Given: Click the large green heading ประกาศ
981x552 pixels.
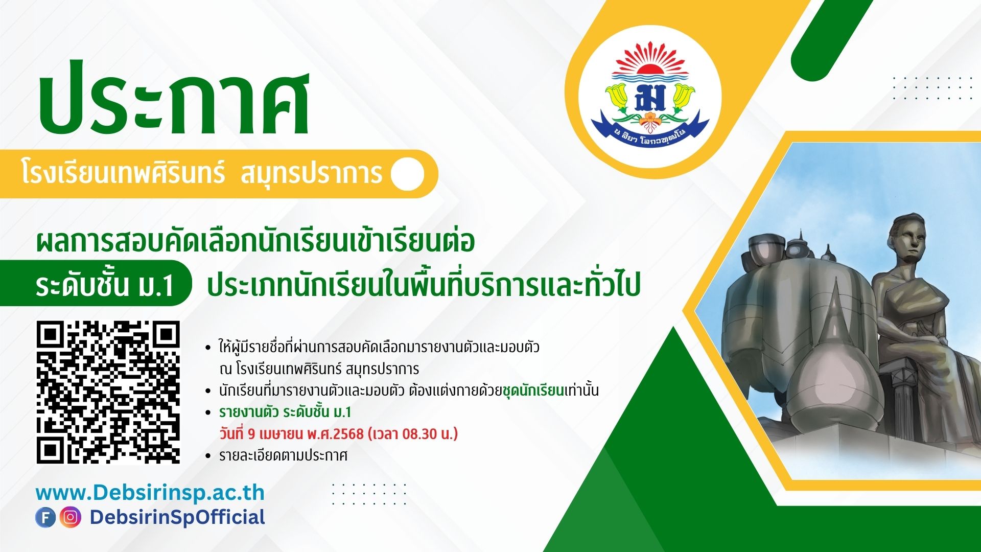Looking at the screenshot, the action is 174,102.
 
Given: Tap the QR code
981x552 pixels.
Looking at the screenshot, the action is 108,392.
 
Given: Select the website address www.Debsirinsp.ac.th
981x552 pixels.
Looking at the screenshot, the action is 150,493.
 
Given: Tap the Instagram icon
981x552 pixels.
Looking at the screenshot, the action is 70,517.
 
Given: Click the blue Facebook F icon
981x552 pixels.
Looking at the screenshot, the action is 45,517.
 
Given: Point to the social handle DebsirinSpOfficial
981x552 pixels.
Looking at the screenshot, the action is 177,517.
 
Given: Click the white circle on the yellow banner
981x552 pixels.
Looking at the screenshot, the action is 408,174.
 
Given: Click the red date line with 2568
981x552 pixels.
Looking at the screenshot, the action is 338,434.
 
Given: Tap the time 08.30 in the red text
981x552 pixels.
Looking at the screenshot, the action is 419,434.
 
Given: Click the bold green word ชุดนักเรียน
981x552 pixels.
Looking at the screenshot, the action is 533,391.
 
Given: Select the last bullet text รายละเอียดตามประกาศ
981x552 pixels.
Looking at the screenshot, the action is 283,455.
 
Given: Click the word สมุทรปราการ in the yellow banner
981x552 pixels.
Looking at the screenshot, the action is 311,174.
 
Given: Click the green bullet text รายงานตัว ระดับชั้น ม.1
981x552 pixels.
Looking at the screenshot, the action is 285,412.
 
